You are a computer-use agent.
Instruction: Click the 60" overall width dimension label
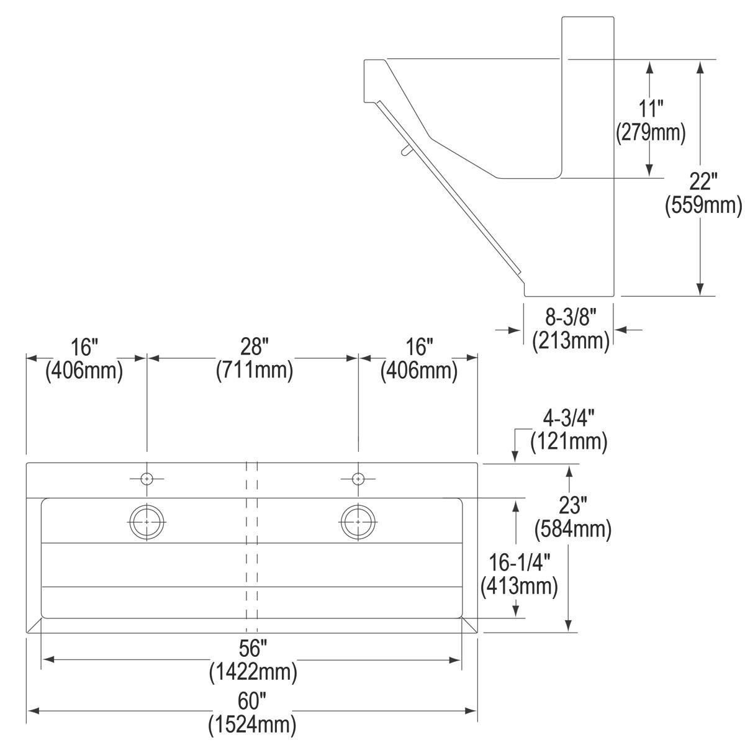click(252, 702)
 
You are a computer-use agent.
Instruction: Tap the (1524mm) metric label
click(253, 725)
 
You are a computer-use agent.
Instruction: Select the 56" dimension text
click(253, 648)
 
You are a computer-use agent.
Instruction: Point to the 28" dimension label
click(255, 346)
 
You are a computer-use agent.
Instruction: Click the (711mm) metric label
click(255, 370)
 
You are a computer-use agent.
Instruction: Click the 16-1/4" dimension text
click(519, 562)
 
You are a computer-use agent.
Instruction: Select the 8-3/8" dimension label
click(571, 317)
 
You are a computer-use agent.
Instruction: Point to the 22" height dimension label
click(703, 181)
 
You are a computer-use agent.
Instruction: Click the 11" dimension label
click(651, 109)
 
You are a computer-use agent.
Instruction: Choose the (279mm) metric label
click(651, 133)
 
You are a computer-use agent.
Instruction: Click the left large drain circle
click(147, 521)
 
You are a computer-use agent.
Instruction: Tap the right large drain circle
click(358, 521)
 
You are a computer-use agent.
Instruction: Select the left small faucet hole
click(147, 479)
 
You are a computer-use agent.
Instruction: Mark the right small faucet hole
click(358, 479)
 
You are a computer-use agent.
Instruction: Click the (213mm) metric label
click(571, 341)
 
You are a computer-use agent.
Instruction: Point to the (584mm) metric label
click(573, 528)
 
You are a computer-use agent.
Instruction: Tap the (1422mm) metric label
click(253, 672)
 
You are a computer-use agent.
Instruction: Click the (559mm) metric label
click(703, 205)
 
